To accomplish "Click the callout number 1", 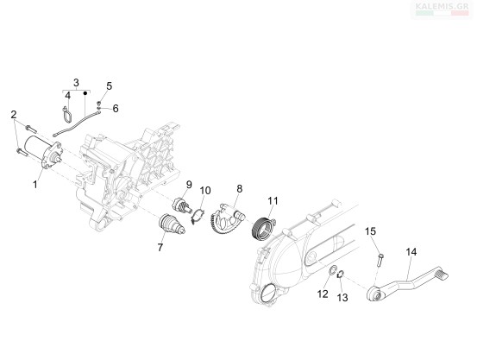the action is (35, 184).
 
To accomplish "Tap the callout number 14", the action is (411, 252).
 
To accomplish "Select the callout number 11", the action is (273, 200).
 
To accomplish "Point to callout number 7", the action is (160, 248).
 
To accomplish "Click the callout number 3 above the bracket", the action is (76, 83).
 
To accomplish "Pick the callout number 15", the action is (371, 231).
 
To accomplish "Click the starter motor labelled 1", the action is (43, 152).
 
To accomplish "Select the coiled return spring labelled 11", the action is (263, 229).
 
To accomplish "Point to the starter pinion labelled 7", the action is (172, 224).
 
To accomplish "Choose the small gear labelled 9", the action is (181, 205).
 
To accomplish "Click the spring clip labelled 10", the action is (198, 215).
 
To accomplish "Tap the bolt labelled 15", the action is (380, 260).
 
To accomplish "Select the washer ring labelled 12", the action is (333, 269).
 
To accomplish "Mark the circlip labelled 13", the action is (341, 274).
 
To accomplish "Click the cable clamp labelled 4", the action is (67, 116).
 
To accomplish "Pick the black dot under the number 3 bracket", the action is (85, 92).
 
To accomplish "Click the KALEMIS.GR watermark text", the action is (442, 5).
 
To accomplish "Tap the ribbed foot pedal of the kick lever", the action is (442, 274).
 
